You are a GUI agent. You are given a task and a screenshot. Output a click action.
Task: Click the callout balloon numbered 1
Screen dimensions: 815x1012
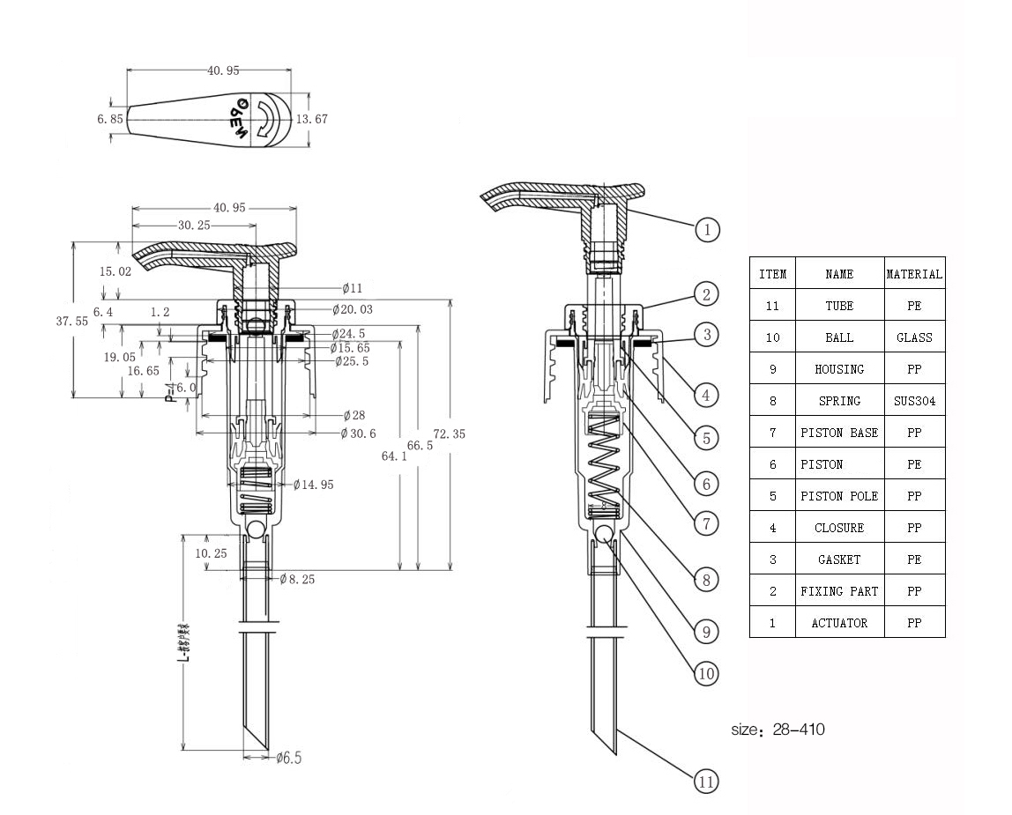pyautogui.click(x=707, y=230)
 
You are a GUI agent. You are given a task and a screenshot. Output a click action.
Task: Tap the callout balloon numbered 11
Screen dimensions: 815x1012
pyautogui.click(x=706, y=781)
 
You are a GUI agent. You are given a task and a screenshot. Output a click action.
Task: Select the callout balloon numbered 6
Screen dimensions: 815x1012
pyautogui.click(x=704, y=484)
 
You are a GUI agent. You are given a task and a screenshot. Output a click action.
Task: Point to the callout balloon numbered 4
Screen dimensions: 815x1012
pyautogui.click(x=704, y=395)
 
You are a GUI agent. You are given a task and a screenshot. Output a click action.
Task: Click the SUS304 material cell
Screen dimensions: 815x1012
pyautogui.click(x=914, y=401)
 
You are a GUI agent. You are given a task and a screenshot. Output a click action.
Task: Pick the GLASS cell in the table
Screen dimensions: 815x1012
pyautogui.click(x=914, y=337)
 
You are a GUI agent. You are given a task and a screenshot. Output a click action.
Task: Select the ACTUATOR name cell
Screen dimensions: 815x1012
pyautogui.click(x=839, y=623)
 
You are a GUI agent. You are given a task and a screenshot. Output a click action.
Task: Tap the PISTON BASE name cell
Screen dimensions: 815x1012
pyautogui.click(x=839, y=433)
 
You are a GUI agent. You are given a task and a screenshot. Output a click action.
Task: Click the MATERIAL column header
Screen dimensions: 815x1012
pyautogui.click(x=914, y=274)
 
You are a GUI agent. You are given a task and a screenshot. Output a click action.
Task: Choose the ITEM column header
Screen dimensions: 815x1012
pyautogui.click(x=772, y=274)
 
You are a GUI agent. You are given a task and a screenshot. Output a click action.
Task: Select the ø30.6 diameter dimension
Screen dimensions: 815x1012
pyautogui.click(x=359, y=433)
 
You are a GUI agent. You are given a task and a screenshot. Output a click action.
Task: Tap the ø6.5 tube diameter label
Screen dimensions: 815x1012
pyautogui.click(x=289, y=758)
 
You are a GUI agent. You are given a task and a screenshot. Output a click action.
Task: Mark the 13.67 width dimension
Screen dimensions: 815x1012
pyautogui.click(x=311, y=119)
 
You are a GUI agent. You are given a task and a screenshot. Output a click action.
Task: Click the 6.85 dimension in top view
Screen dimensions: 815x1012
pyautogui.click(x=110, y=119)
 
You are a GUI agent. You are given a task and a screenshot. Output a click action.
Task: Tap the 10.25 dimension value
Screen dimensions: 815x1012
pyautogui.click(x=211, y=553)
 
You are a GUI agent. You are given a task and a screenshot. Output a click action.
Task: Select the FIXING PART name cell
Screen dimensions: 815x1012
pyautogui.click(x=839, y=591)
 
